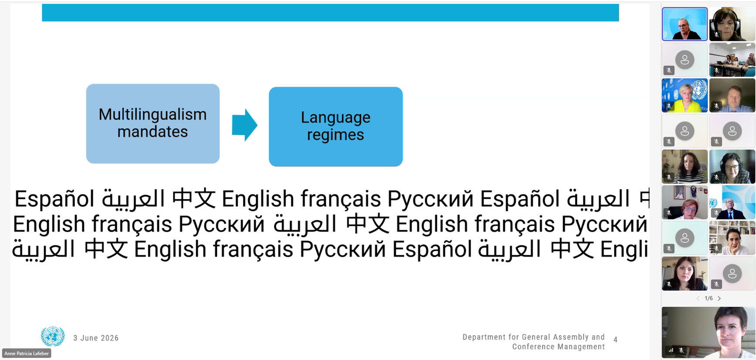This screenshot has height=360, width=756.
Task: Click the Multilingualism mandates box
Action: pyautogui.click(x=153, y=124)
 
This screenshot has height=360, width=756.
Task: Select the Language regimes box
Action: pyautogui.click(x=336, y=126)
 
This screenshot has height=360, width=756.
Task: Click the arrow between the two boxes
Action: pyautogui.click(x=245, y=125)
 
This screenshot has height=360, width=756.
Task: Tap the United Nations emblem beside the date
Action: pyautogui.click(x=53, y=336)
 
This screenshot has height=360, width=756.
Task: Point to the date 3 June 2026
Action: pyautogui.click(x=96, y=338)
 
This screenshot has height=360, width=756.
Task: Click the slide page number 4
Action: pyautogui.click(x=615, y=340)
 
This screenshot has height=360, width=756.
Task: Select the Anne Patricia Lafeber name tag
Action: pyautogui.click(x=27, y=353)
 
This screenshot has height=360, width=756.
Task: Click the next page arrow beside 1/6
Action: pyautogui.click(x=719, y=299)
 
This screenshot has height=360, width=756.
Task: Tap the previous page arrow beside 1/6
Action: pyautogui.click(x=698, y=299)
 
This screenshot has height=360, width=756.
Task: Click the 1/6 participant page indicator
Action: pyautogui.click(x=708, y=299)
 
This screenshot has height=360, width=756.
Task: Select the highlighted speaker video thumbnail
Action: pyautogui.click(x=684, y=24)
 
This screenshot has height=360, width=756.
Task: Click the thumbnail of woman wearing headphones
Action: pyautogui.click(x=732, y=24)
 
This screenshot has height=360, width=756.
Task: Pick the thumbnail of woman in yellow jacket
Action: pyautogui.click(x=684, y=95)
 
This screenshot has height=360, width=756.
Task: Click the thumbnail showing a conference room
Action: pyautogui.click(x=732, y=60)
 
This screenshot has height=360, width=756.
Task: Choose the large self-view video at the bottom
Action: pyautogui.click(x=708, y=333)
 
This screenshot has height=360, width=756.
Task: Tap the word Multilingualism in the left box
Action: pyautogui.click(x=153, y=115)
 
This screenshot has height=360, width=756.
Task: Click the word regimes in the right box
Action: pyautogui.click(x=335, y=135)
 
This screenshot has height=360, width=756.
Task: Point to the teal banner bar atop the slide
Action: pyautogui.click(x=330, y=13)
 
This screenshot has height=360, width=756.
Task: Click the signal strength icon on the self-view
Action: pyautogui.click(x=671, y=350)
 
